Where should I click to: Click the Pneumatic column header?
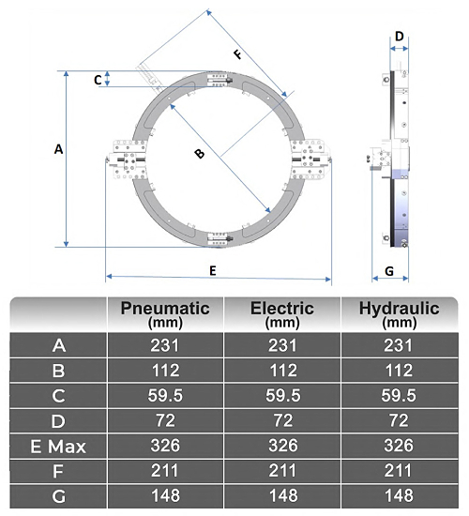165,313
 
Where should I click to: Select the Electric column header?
282,313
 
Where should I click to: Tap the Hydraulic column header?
399,313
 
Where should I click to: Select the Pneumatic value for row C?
165,396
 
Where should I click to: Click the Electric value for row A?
282,345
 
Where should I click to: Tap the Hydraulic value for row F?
399,472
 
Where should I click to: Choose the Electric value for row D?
282,421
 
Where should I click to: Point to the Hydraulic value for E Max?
399,447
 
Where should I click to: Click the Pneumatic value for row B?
165,371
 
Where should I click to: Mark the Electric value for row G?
282,496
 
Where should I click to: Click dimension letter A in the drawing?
58,149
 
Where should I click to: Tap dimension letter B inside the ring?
199,155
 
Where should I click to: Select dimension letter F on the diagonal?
237,54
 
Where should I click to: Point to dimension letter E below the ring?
213,270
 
